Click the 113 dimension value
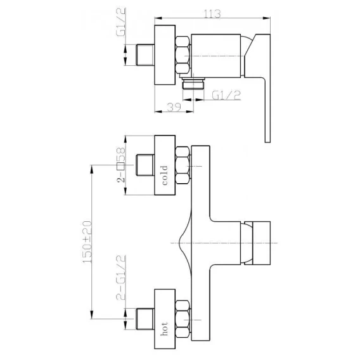point(212,14)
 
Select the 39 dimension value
point(174,107)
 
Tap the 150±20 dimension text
point(87,242)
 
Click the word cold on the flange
point(165,175)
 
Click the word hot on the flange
point(164,329)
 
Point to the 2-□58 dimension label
point(121,164)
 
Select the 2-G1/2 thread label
point(121,278)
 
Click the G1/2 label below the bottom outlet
point(226,95)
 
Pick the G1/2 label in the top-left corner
point(121,22)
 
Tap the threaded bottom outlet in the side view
point(193,83)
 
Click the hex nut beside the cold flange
point(183,165)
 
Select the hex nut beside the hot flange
point(183,319)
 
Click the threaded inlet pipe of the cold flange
point(145,165)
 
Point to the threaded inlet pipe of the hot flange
point(145,319)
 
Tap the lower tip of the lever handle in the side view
point(267,142)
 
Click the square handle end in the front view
point(257,243)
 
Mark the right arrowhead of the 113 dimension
point(267,18)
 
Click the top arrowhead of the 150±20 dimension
point(92,169)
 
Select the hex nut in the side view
point(183,55)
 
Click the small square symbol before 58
point(120,166)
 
